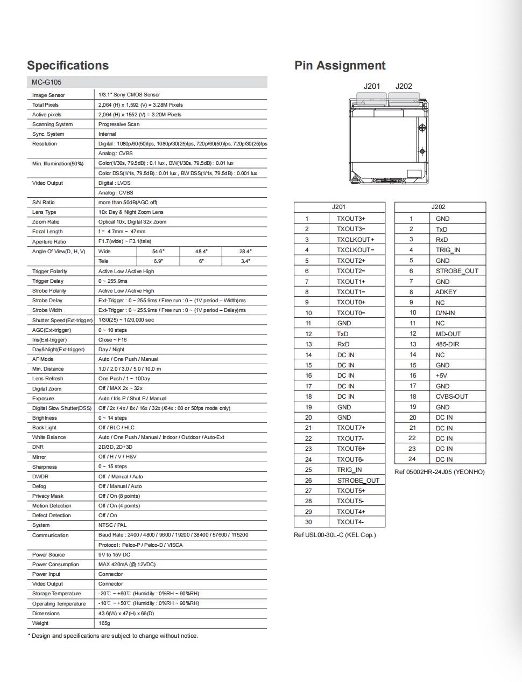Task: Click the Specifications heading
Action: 68,66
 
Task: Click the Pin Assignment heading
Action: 340,66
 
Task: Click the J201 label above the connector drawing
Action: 371,86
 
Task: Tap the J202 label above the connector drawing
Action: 404,86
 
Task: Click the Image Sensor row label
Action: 48,95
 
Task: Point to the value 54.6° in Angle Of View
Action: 158,251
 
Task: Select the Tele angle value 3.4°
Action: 245,261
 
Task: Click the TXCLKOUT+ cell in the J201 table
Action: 355,240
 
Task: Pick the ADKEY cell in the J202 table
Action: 446,292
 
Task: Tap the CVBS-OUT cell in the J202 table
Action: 452,396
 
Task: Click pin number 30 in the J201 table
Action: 308,522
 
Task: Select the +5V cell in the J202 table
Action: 441,375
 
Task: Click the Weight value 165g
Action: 104,623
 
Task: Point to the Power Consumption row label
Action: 55,565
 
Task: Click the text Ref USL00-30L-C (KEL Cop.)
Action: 335,535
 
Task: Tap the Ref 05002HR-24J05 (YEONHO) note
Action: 439,472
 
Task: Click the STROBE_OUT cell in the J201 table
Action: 358,481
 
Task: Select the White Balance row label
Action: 49,437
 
